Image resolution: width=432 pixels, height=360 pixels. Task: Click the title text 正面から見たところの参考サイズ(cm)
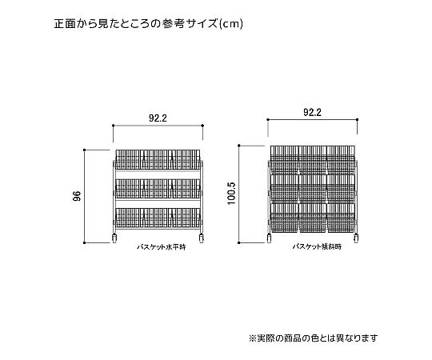[149, 24]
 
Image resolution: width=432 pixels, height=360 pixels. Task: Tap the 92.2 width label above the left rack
[158, 118]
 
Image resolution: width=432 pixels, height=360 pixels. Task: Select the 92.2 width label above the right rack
[312, 112]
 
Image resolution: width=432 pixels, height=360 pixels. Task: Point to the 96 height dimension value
[77, 196]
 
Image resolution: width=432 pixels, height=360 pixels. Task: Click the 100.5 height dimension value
[232, 194]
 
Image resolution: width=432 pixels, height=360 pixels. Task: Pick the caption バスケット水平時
[162, 246]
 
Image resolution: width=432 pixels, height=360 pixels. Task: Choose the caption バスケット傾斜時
[317, 246]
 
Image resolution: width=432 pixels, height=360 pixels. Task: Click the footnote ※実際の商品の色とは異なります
[314, 338]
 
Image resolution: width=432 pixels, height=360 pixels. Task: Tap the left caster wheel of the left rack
[114, 238]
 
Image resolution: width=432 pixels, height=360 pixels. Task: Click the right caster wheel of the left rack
[201, 238]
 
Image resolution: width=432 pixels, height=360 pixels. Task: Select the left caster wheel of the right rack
[269, 238]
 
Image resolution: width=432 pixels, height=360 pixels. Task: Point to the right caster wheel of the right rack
[356, 238]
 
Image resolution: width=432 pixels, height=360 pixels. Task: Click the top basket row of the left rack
[158, 159]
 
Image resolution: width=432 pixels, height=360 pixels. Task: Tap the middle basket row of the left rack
[158, 189]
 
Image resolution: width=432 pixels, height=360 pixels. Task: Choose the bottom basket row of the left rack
[158, 218]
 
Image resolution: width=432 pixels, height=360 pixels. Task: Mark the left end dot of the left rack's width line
[114, 126]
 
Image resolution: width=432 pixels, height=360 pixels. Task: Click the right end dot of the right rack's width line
[358, 119]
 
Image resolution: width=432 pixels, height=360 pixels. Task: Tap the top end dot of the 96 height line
[84, 150]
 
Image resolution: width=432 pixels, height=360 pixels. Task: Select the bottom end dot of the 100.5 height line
[239, 242]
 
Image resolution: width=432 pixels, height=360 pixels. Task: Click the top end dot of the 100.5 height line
[239, 146]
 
